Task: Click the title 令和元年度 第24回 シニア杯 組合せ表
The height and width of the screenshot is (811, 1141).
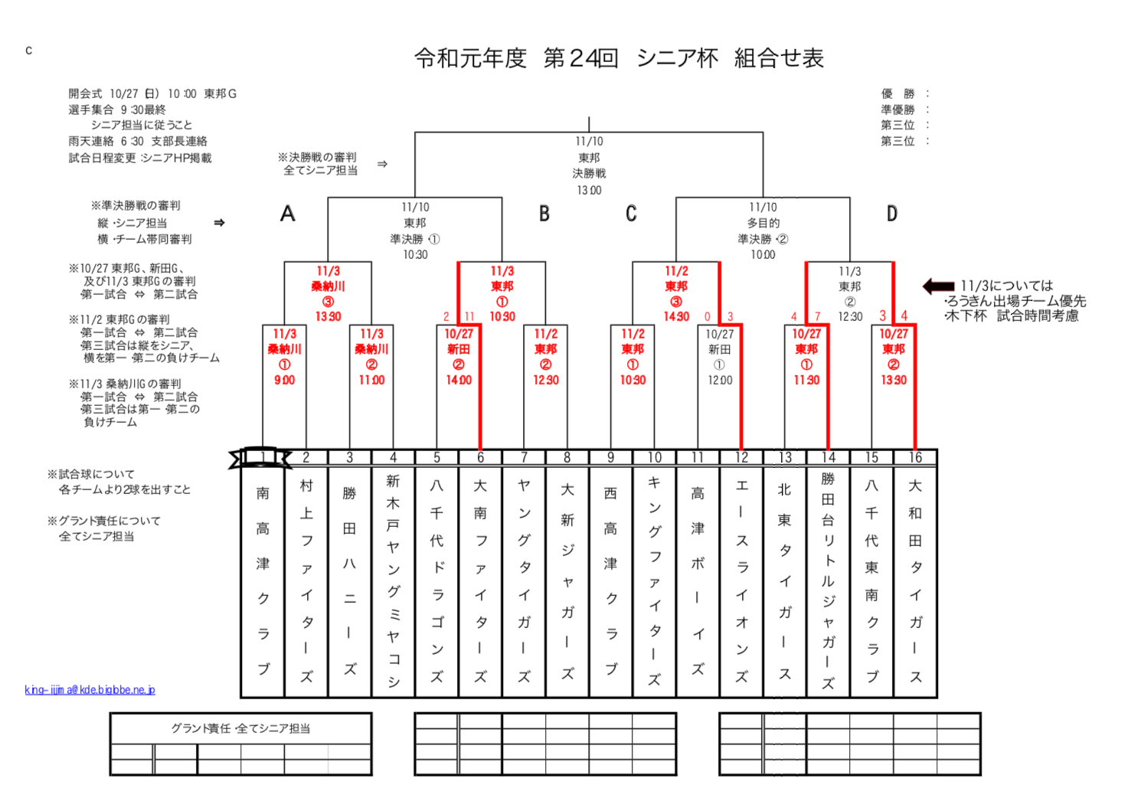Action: [619, 58]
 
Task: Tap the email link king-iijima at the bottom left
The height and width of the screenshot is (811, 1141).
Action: [90, 690]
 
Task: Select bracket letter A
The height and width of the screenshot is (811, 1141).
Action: [288, 214]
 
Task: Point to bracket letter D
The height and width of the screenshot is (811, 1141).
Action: [892, 214]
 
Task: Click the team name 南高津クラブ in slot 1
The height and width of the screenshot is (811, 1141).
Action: [263, 580]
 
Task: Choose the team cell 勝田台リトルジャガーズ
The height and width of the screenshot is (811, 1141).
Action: [828, 580]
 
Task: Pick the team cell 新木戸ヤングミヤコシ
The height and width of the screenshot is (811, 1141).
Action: [393, 580]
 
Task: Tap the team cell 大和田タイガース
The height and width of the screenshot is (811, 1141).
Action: [915, 580]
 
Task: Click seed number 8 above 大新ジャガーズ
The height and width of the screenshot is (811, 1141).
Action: [567, 458]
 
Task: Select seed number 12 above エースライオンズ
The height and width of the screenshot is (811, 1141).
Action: [741, 458]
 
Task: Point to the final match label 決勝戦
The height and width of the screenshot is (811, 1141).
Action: [589, 174]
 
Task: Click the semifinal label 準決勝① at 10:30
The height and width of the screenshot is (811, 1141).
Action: [415, 239]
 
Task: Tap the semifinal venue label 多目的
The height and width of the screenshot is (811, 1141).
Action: [763, 223]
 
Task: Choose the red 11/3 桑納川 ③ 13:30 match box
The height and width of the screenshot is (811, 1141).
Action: [328, 293]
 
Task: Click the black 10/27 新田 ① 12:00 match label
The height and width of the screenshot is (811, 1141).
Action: [719, 357]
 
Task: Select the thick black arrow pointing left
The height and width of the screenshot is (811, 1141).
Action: [938, 286]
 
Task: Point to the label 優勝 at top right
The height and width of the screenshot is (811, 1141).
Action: [897, 93]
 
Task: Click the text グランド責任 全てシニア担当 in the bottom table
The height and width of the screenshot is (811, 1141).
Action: [240, 728]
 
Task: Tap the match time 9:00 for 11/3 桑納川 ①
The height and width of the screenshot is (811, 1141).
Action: [284, 380]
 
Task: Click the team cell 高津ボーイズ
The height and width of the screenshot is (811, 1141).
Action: [698, 580]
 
